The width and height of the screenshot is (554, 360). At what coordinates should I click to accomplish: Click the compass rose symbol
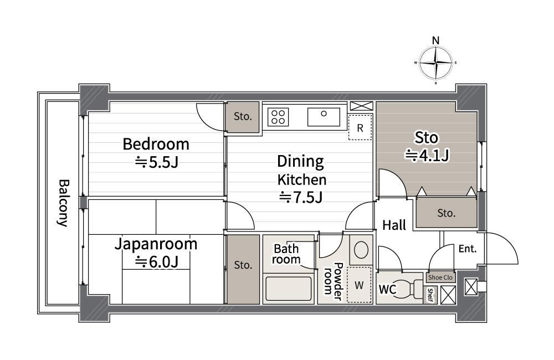coord(436,63)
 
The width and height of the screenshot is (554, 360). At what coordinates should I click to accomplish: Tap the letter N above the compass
coord(436,40)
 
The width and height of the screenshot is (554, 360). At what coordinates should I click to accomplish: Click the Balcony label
coord(63,203)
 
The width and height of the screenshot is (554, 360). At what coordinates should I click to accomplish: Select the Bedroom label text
coord(156,144)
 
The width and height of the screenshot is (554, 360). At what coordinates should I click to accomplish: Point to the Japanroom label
coord(156,244)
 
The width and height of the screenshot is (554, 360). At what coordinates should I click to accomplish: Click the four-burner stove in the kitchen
coord(278,117)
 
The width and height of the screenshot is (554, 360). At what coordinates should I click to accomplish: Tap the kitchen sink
coord(324,117)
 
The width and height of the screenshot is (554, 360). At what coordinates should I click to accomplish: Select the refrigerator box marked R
coord(360,127)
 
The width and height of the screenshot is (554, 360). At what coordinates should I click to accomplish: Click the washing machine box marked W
coord(359,285)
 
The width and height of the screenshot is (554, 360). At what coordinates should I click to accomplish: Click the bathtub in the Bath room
coord(288,289)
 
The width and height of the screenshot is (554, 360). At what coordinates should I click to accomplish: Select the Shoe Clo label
coord(440,277)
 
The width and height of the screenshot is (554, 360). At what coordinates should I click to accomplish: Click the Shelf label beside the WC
coord(430,295)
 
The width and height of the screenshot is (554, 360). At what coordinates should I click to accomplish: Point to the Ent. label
coord(468,249)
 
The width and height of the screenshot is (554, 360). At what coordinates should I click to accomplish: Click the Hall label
coord(394,225)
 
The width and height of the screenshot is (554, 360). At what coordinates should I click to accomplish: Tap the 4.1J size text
coord(427,155)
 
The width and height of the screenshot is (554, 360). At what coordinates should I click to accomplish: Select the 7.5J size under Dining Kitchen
coord(301,197)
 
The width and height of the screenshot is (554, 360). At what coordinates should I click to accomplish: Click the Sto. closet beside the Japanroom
coord(243,269)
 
